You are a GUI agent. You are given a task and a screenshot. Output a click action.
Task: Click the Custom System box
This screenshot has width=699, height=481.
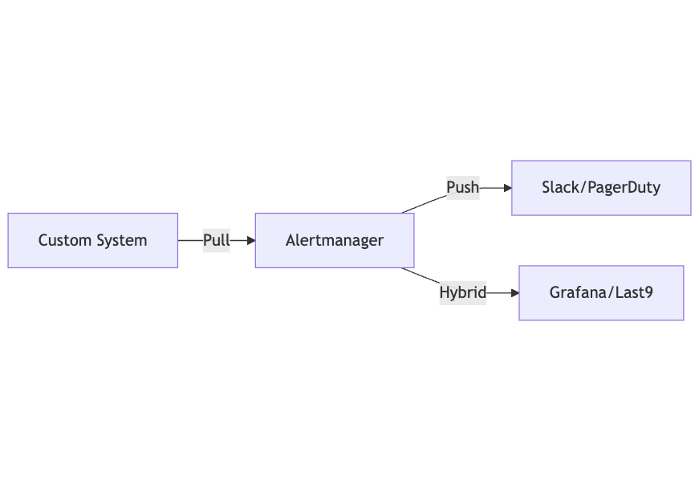92,240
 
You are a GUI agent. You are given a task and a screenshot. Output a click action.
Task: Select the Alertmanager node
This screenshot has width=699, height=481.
335,240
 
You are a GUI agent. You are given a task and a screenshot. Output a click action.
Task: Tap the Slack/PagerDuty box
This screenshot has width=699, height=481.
601,188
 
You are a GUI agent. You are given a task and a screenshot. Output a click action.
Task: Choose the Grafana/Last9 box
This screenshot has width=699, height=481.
601,293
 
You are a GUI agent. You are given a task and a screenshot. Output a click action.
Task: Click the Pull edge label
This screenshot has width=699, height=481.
216,240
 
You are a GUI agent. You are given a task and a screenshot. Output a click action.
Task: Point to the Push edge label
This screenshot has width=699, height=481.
462,188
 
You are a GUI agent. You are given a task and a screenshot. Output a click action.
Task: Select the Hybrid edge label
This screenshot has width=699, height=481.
462,293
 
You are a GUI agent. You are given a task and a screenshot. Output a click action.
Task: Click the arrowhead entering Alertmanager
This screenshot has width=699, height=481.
250,240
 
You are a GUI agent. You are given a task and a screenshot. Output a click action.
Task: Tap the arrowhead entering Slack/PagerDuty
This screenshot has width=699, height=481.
507,188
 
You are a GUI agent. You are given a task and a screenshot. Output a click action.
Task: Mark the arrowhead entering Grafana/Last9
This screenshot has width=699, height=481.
514,293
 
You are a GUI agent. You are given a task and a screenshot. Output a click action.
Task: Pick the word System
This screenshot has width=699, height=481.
121,240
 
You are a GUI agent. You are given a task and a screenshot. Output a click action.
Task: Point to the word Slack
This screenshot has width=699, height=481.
559,188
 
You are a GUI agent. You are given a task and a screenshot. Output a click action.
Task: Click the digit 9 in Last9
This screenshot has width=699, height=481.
648,293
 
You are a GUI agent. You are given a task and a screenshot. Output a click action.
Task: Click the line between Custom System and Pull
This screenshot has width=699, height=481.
189,240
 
